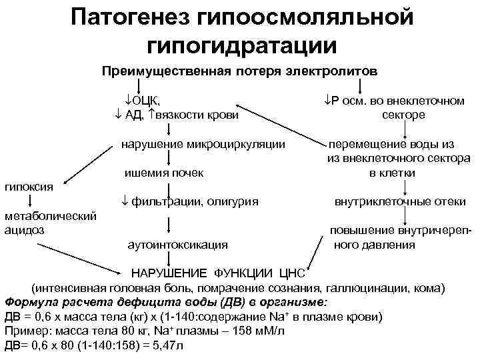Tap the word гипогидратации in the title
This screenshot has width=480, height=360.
tap(241, 45)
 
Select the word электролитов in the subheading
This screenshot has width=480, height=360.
tap(333, 70)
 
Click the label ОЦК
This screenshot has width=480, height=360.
tap(146, 101)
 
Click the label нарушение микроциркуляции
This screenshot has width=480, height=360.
tap(203, 144)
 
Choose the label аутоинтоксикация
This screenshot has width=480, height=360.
tap(177, 245)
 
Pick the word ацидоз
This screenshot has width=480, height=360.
tap(23, 229)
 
